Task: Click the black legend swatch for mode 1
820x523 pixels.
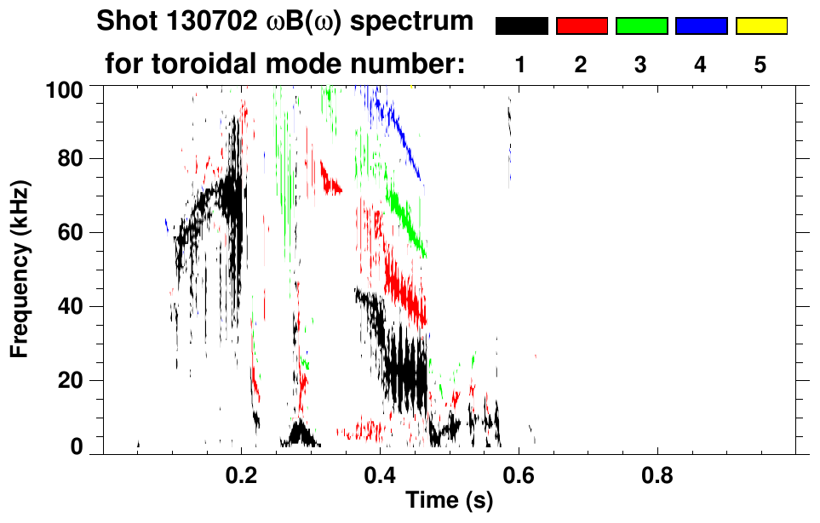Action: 521,26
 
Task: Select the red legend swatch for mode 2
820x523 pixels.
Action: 582,26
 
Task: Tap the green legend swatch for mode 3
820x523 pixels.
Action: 641,26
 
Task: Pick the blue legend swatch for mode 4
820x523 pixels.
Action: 701,26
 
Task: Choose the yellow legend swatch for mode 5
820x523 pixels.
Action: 761,26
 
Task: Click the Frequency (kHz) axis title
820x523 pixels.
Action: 20,268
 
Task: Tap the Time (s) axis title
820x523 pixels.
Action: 448,501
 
